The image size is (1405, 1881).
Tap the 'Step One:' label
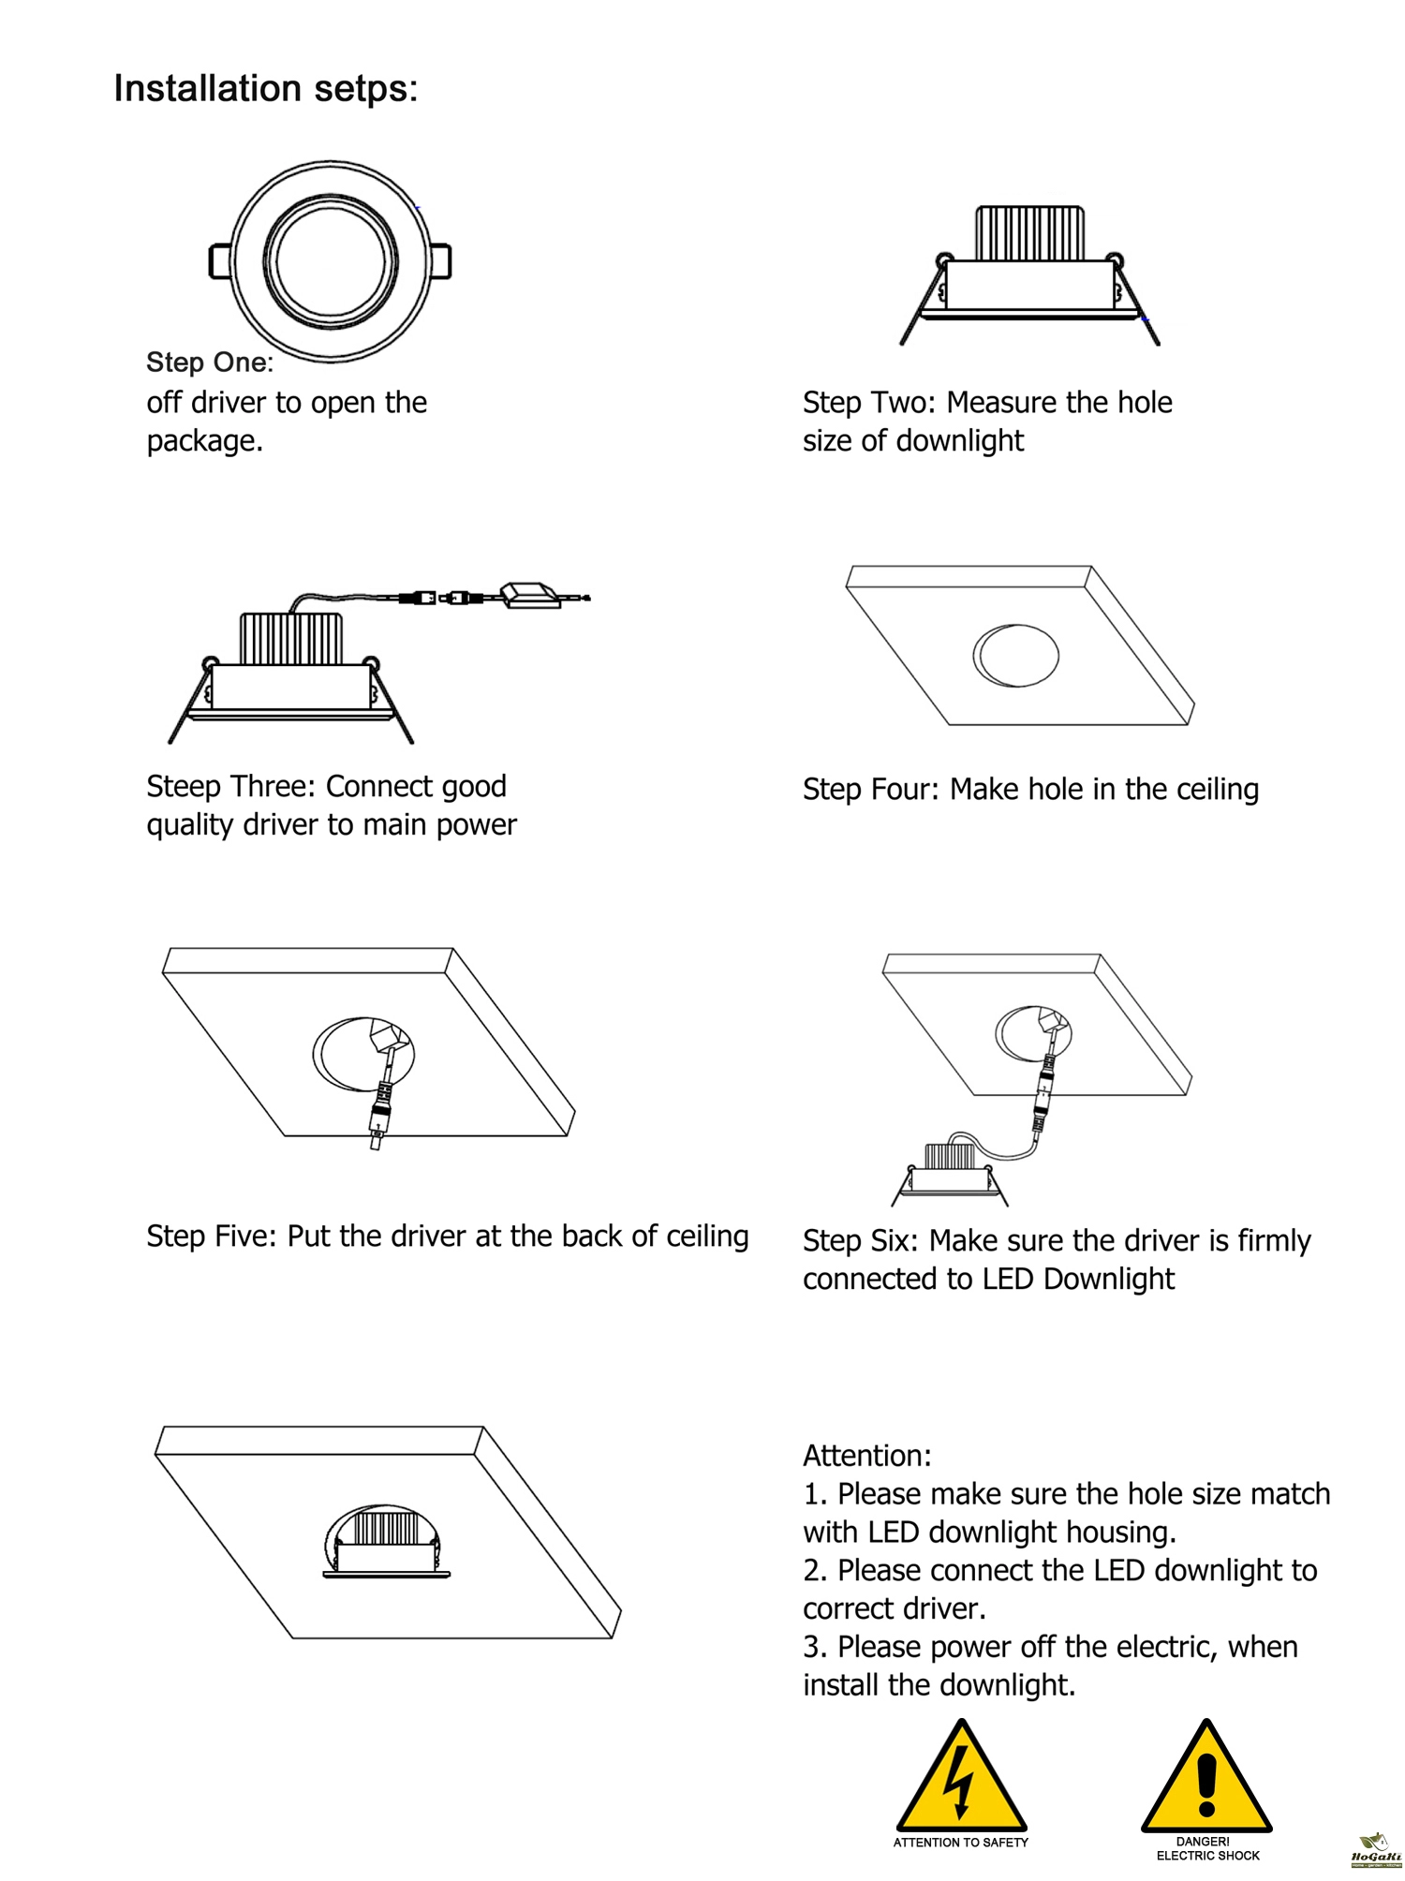tap(210, 363)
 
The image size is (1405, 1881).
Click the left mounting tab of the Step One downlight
tap(220, 261)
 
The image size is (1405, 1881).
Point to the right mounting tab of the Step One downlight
tap(440, 261)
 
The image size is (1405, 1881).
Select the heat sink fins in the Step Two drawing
tap(1030, 233)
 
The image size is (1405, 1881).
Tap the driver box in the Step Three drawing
tap(531, 595)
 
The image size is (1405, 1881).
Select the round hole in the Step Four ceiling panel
tap(1015, 655)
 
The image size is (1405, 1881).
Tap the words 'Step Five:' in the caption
tap(212, 1237)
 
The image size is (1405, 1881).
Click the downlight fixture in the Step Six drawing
tap(950, 1175)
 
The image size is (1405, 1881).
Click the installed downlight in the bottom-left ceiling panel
tap(387, 1542)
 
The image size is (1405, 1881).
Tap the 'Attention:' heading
tap(867, 1456)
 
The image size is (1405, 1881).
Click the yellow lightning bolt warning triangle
tap(962, 1777)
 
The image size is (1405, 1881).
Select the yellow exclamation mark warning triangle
tap(1206, 1777)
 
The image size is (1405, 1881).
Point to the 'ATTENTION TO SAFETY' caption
tap(961, 1843)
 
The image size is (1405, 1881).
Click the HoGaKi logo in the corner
tap(1375, 1850)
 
